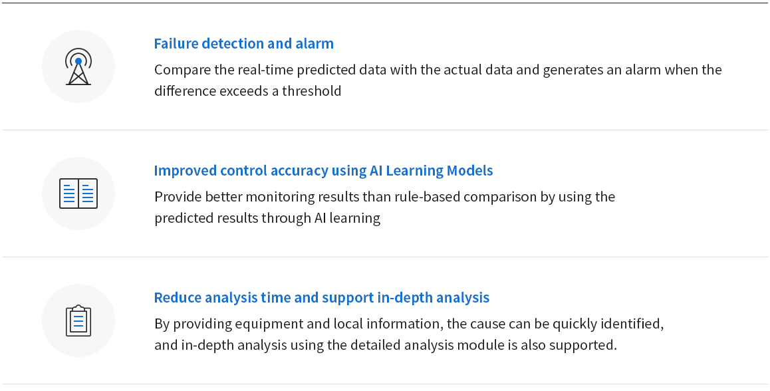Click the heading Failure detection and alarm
tap(243, 44)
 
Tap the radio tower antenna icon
tap(78, 66)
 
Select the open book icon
tap(78, 194)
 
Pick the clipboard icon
tap(78, 321)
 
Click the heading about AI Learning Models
tap(323, 170)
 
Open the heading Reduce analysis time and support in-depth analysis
tap(322, 298)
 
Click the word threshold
tap(311, 91)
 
